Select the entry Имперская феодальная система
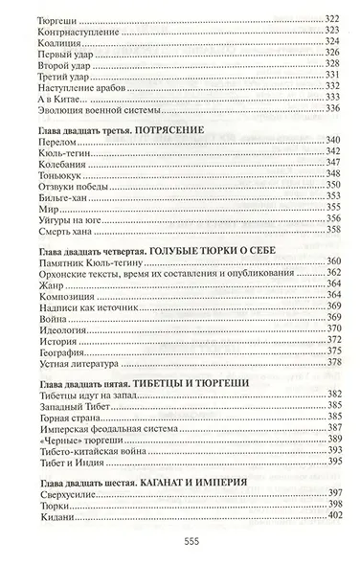coord(97,432)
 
